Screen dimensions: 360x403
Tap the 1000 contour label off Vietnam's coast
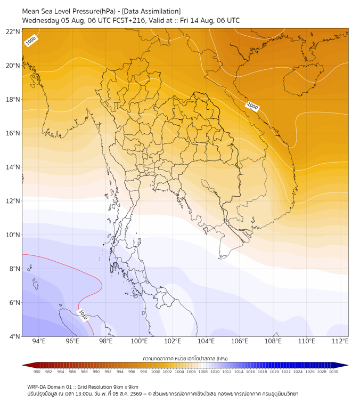252,106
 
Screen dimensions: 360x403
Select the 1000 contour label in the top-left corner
31,41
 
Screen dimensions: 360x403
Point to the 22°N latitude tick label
13,31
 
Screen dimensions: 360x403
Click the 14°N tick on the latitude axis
13,167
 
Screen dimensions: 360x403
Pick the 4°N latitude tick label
14,336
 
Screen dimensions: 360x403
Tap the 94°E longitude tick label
39,341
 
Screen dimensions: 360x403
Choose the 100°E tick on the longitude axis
139,341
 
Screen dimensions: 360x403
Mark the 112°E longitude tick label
340,341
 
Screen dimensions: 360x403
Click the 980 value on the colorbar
37,372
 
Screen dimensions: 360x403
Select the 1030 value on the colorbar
333,372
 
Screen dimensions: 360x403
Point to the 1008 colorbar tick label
203,372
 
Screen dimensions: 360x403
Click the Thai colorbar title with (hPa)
185,358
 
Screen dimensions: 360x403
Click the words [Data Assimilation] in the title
151,11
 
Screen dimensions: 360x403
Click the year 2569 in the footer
136,394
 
